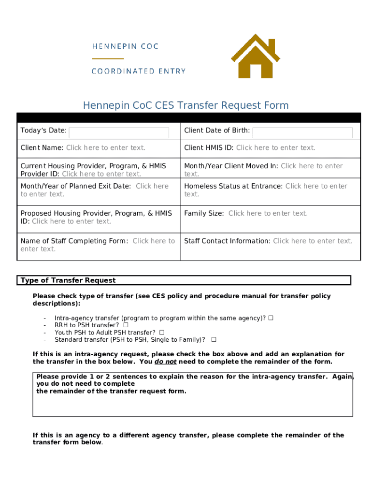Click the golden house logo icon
pyautogui.click(x=255, y=57)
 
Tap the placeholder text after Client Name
pyautogui.click(x=105, y=148)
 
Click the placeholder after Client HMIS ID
pyautogui.click(x=275, y=148)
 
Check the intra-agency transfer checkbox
pyautogui.click(x=271, y=318)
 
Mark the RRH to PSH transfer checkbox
pyautogui.click(x=126, y=325)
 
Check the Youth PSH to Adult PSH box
pyautogui.click(x=162, y=333)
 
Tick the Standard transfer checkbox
pyautogui.click(x=214, y=339)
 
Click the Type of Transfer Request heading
pyautogui.click(x=68, y=280)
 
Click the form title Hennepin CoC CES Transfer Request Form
pyautogui.click(x=186, y=105)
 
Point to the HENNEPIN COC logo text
pyautogui.click(x=125, y=46)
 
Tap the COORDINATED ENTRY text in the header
pyautogui.click(x=139, y=71)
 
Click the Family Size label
pyautogui.click(x=203, y=213)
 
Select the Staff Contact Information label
pyautogui.click(x=227, y=241)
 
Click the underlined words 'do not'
pyautogui.click(x=165, y=362)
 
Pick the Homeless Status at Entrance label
pyautogui.click(x=233, y=186)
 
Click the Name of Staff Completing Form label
pyautogui.click(x=74, y=241)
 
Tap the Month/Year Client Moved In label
pyautogui.click(x=231, y=166)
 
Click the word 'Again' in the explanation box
pyautogui.click(x=342, y=377)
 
